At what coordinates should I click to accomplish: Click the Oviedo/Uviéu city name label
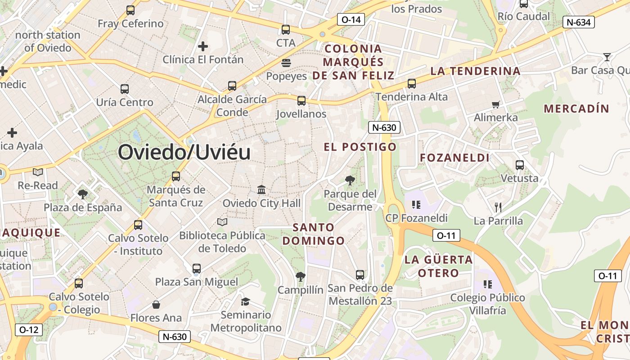(184, 153)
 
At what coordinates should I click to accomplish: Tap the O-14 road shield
(351, 19)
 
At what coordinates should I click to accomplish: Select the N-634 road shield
(579, 22)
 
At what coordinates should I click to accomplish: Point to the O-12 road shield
(29, 329)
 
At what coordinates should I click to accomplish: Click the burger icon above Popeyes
(286, 63)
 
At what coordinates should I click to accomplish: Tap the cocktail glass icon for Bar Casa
(607, 57)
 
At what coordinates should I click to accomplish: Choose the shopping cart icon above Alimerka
(496, 104)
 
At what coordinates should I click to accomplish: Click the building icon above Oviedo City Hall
(261, 189)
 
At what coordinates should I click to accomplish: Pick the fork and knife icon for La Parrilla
(498, 207)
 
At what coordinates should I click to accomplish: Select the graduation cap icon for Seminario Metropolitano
(245, 301)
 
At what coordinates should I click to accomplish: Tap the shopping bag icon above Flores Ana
(156, 305)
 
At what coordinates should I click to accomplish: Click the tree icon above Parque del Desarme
(350, 180)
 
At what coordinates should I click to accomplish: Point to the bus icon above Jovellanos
(301, 101)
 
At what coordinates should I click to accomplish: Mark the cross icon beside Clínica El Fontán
(203, 46)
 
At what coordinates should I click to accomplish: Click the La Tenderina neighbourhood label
(475, 71)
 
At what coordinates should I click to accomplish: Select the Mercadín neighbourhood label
(576, 108)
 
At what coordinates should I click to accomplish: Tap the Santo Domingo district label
(313, 234)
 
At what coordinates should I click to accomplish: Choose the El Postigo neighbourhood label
(360, 147)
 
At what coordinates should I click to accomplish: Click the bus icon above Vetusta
(520, 165)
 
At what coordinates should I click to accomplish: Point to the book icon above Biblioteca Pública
(222, 222)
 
